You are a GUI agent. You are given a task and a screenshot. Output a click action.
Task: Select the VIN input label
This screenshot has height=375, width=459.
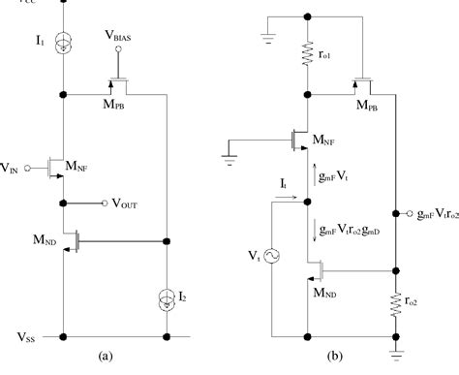pyautogui.click(x=15, y=167)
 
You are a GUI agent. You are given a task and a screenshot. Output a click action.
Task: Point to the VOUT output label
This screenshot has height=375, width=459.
pyautogui.click(x=125, y=205)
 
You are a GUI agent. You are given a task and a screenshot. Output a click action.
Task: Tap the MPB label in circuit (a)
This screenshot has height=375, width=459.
pyautogui.click(x=113, y=106)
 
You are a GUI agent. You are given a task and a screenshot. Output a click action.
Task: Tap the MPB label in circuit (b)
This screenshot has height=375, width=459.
pyautogui.click(x=368, y=109)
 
